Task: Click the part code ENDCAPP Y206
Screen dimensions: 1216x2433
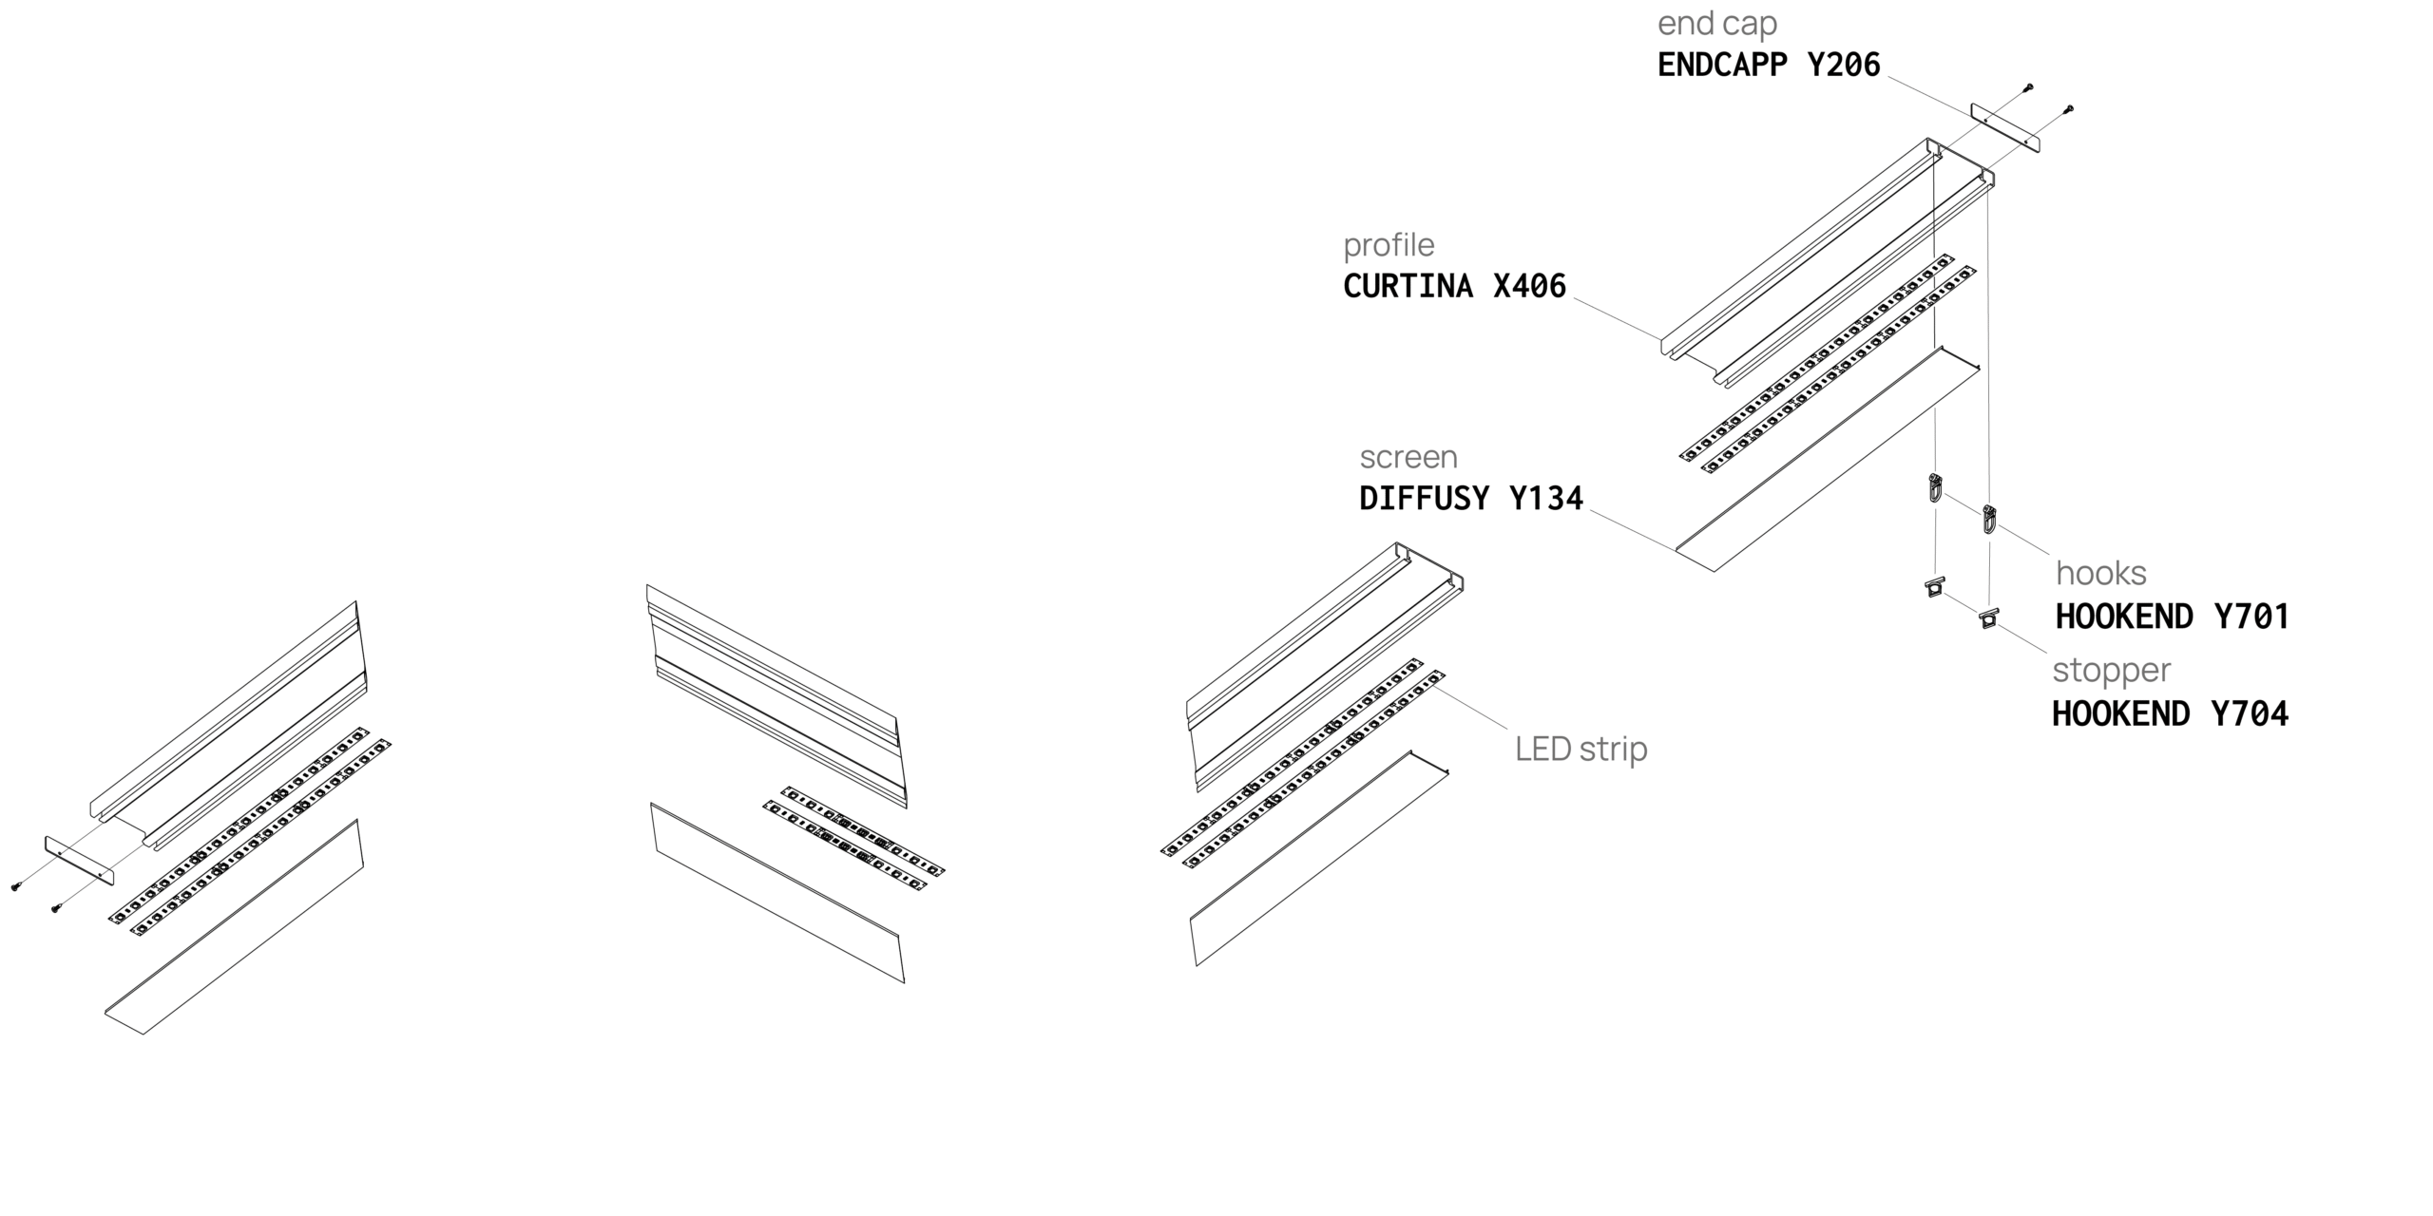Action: [1769, 65]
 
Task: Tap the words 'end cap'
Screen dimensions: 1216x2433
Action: [1716, 24]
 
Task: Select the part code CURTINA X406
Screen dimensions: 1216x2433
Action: [1454, 286]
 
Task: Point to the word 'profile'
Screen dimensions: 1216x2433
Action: [1389, 245]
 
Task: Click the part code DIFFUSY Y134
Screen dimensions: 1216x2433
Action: [1471, 498]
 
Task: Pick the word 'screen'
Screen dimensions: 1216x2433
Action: [1408, 457]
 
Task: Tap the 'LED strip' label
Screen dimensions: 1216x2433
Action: [1580, 750]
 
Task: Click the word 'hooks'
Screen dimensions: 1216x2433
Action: [2100, 574]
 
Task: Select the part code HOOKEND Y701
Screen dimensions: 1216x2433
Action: [2172, 617]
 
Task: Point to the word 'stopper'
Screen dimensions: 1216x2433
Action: [2111, 671]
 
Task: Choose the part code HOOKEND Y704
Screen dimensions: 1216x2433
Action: [2170, 713]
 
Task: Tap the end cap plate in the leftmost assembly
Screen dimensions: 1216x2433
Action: [80, 860]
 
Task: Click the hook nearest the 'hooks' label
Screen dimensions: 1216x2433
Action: [1989, 520]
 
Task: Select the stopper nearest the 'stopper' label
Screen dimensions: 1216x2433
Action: [1988, 617]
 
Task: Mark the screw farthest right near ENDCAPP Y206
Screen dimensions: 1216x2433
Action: [2069, 110]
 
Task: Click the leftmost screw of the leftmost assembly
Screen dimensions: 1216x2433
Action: [16, 887]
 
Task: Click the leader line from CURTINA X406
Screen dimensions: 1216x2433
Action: [1616, 317]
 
